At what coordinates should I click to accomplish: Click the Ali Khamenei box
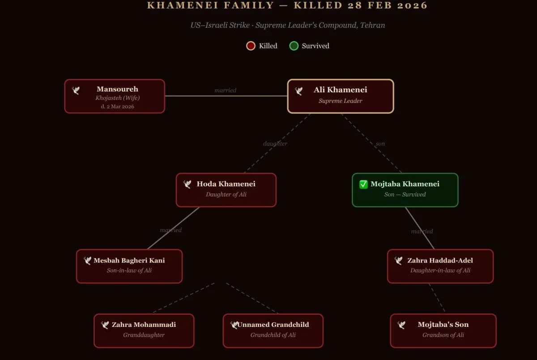click(x=341, y=96)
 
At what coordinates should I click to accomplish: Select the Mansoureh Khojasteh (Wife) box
click(x=115, y=96)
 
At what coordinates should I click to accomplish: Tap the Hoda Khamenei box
click(x=226, y=190)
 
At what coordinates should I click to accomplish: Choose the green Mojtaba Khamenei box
click(x=405, y=190)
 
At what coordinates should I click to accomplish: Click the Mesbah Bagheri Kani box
click(x=129, y=266)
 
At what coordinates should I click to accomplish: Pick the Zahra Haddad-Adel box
click(x=440, y=266)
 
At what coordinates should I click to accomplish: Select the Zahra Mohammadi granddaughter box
click(x=144, y=330)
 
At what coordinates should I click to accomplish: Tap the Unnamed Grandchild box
click(x=273, y=330)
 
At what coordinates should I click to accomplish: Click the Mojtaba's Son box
click(x=443, y=330)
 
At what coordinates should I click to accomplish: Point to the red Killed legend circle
click(x=251, y=46)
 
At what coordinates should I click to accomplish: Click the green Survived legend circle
click(x=294, y=46)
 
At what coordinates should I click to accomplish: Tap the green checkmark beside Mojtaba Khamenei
click(x=363, y=184)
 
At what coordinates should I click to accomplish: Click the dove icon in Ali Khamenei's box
click(x=299, y=91)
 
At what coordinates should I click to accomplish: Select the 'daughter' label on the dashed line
click(x=275, y=144)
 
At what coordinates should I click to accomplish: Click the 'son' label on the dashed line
click(x=380, y=144)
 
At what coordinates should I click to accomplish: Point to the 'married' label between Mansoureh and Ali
click(x=226, y=90)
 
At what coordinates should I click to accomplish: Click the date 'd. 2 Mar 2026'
click(x=117, y=106)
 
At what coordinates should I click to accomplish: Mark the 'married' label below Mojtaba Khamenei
click(x=422, y=231)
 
